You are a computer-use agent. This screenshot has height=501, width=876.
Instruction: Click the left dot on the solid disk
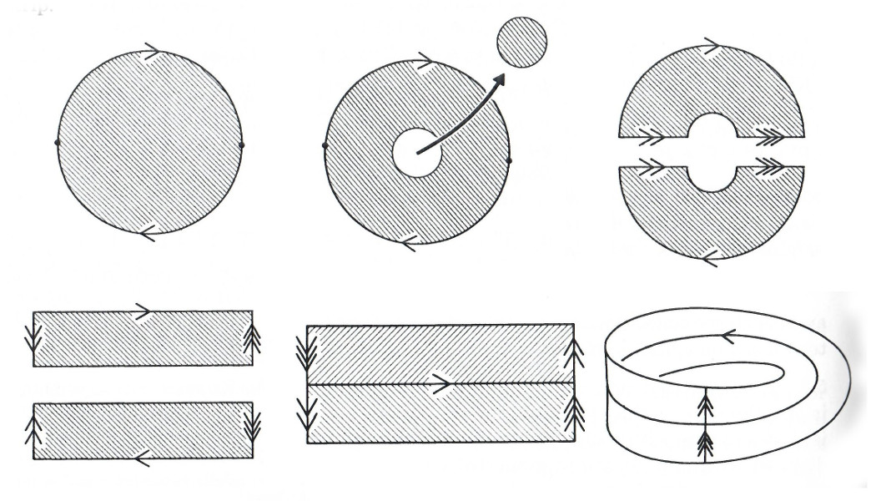[57, 144]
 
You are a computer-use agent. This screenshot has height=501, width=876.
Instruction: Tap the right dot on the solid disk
[242, 145]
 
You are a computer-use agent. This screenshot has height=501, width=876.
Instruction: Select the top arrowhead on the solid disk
[151, 52]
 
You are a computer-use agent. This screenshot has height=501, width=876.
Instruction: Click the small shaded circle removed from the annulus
[522, 42]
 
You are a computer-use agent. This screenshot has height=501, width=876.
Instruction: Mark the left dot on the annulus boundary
[325, 146]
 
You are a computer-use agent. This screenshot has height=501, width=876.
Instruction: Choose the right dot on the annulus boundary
[509, 159]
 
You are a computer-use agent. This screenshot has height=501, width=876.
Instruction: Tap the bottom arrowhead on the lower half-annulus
[708, 257]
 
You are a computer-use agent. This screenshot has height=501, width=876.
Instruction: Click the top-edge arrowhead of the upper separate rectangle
[143, 311]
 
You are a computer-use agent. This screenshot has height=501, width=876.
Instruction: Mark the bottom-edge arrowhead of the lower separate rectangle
[142, 458]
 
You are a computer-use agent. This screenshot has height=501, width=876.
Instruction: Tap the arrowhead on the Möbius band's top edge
[727, 337]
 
